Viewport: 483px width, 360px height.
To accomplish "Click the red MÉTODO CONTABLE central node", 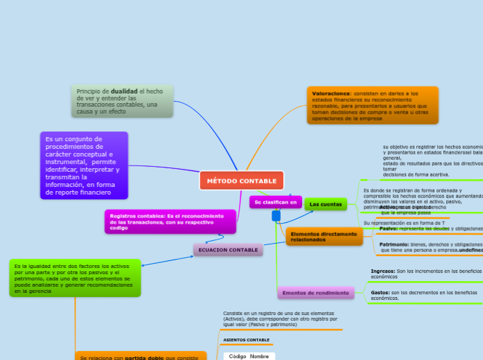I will click(241, 181).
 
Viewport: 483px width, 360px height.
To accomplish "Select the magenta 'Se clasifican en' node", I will click(275, 202).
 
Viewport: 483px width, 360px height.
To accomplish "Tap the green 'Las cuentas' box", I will click(326, 204).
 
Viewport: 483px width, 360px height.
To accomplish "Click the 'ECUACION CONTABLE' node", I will click(228, 250).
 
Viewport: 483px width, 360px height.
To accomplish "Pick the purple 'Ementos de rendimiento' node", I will click(315, 294).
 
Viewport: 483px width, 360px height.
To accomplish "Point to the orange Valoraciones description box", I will click(372, 105).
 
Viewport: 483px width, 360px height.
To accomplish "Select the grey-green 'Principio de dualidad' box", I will click(122, 101).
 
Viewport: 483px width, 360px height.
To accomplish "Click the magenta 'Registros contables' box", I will click(170, 222).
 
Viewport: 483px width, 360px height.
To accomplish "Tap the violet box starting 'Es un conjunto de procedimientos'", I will click(84, 165).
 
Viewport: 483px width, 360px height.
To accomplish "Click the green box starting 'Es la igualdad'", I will click(75, 278).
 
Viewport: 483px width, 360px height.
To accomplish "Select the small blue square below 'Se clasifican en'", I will click(276, 216).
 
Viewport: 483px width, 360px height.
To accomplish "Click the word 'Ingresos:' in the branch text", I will click(383, 271).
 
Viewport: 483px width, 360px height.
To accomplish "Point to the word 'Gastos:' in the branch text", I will click(380, 293).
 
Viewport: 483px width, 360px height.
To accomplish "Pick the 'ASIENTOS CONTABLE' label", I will click(247, 340).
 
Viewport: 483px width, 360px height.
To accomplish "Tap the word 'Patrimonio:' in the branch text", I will click(394, 244).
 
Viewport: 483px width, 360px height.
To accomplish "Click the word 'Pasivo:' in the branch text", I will click(388, 228).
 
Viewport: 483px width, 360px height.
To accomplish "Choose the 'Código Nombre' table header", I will click(249, 356).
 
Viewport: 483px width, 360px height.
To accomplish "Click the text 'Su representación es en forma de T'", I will click(404, 223).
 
